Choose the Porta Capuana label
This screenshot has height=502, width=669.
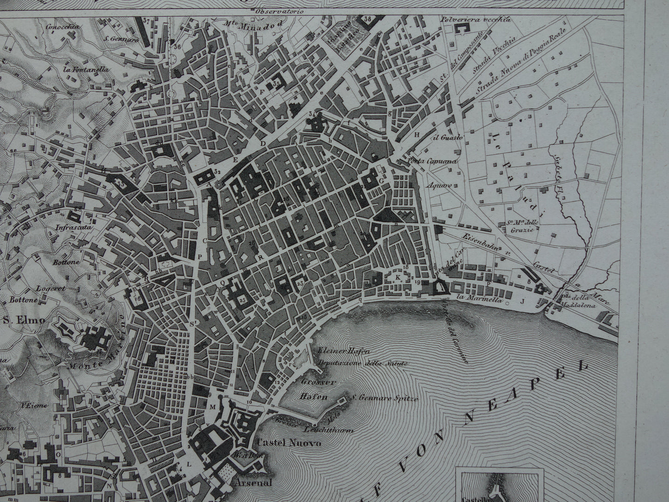point(432,162)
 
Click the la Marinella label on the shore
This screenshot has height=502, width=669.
point(472,300)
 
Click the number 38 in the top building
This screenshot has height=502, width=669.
point(368,19)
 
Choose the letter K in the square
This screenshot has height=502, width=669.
point(398,277)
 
